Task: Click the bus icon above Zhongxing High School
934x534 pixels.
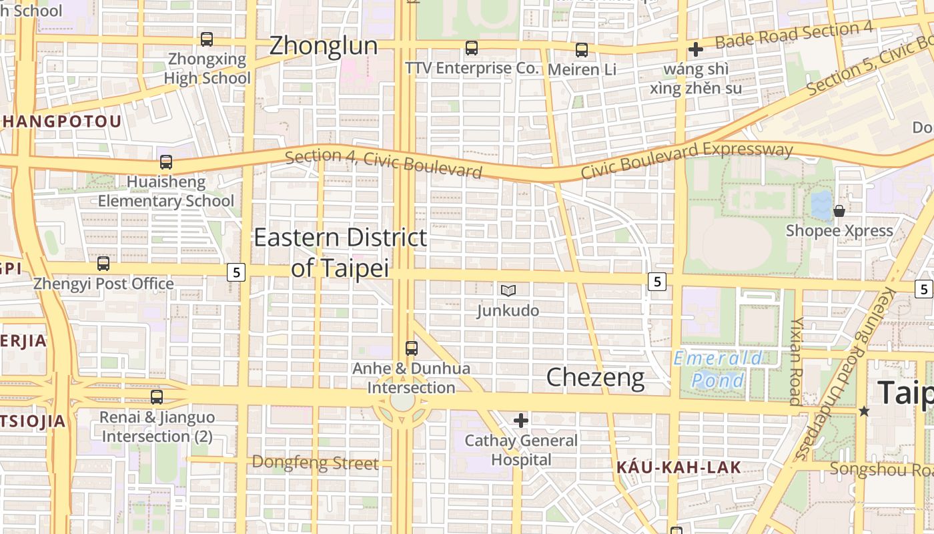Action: click(x=207, y=39)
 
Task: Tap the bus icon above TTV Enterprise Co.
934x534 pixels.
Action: click(x=472, y=48)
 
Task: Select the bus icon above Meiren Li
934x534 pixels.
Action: click(x=582, y=49)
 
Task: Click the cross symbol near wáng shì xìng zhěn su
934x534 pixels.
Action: click(x=696, y=49)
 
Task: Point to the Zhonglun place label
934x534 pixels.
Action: click(x=323, y=45)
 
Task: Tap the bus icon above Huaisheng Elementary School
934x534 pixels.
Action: click(x=166, y=162)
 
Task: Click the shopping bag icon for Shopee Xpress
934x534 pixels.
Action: click(x=839, y=211)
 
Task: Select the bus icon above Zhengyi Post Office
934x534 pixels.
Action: click(x=103, y=264)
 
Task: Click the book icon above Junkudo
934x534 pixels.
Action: click(x=508, y=290)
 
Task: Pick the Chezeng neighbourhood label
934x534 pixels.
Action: click(x=595, y=378)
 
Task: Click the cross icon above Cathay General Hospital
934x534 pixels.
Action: click(x=521, y=421)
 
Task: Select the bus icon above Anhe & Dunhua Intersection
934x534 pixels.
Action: click(x=412, y=348)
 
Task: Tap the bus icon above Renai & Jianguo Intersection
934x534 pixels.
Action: click(x=157, y=397)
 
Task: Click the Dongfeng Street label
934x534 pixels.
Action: click(x=315, y=463)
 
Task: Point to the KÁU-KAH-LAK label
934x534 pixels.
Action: click(x=678, y=467)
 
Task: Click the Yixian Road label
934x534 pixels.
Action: click(x=796, y=360)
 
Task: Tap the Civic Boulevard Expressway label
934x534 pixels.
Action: click(x=686, y=160)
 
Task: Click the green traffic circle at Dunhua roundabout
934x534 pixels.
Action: click(x=402, y=402)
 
